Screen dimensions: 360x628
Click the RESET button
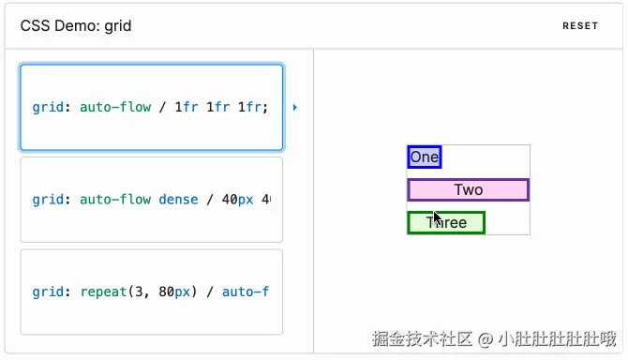pos(579,26)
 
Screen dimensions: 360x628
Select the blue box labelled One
pos(424,157)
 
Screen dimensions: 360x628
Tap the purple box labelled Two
pos(468,189)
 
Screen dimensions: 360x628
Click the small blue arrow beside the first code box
pos(295,108)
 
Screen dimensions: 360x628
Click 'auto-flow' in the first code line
pos(115,108)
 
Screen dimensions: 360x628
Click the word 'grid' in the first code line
pos(47,108)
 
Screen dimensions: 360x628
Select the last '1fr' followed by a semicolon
pos(252,108)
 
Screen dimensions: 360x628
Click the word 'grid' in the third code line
pos(47,292)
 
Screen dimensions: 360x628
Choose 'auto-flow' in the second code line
pos(115,200)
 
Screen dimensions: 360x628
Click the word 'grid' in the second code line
pos(47,200)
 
